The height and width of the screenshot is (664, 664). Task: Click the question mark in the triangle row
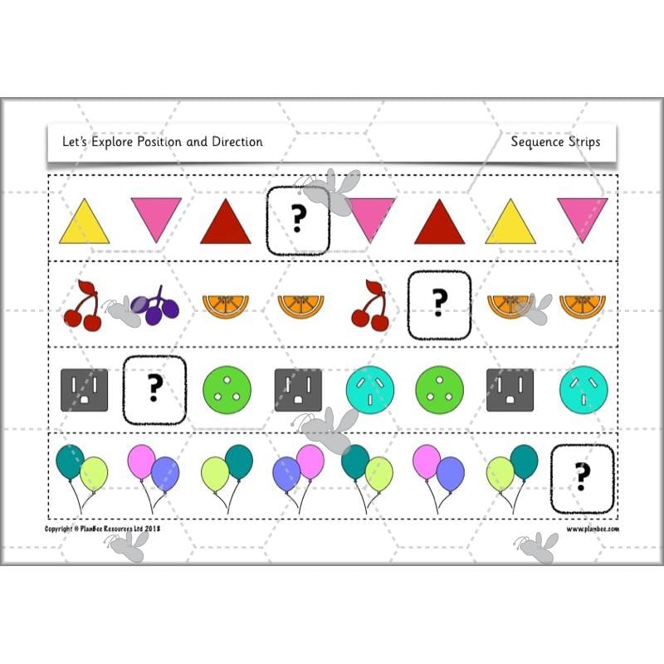(x=298, y=220)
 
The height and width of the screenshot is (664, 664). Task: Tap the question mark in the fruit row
(x=439, y=305)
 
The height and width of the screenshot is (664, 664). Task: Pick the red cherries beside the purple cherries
(x=82, y=305)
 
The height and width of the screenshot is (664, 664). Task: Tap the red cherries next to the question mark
(x=369, y=305)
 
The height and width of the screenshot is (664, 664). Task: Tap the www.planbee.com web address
(x=593, y=529)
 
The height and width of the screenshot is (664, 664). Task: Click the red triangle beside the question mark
(x=225, y=223)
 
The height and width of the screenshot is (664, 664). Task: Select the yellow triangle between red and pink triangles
(x=510, y=223)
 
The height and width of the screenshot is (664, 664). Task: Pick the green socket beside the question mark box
(x=225, y=388)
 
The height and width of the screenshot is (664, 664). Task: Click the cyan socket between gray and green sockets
(x=368, y=388)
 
